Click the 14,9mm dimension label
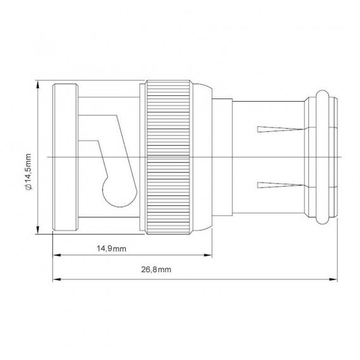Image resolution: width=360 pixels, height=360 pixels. (x=111, y=248)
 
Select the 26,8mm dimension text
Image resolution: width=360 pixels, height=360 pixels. (x=156, y=269)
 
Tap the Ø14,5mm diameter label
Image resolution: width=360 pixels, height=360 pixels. (x=28, y=172)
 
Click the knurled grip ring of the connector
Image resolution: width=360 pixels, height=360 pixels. (x=169, y=157)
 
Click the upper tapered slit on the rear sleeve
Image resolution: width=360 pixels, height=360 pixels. (x=280, y=129)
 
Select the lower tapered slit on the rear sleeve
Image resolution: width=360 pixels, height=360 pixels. (x=280, y=185)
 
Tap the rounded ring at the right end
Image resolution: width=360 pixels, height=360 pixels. (x=322, y=157)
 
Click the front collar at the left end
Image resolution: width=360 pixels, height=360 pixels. (x=66, y=157)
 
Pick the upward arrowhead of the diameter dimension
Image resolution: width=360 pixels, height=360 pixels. (x=38, y=85)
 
